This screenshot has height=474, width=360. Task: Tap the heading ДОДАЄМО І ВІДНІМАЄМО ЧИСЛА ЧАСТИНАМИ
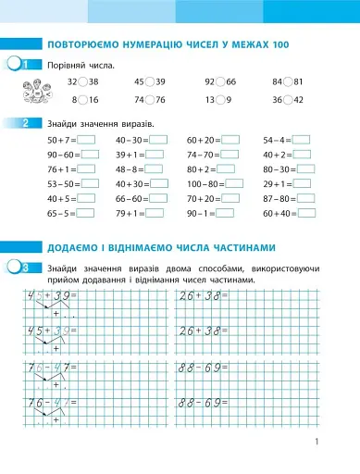coord(159,247)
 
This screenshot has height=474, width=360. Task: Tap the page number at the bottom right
coord(317,442)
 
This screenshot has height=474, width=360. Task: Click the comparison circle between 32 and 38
coord(85,81)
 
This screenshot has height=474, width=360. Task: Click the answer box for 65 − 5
coord(87,213)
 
